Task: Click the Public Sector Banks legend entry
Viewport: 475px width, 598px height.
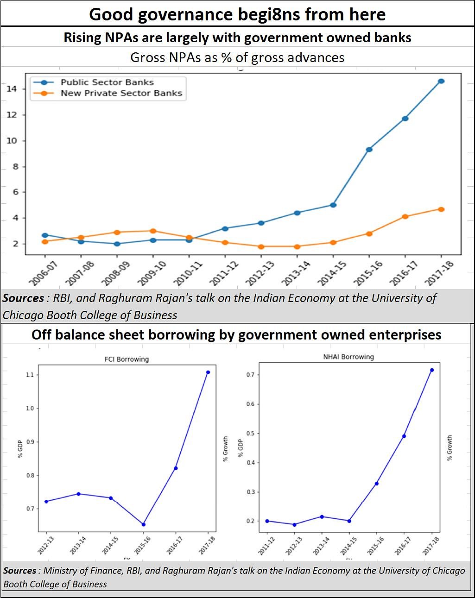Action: (107, 82)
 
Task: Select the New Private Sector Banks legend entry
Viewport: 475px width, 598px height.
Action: (121, 93)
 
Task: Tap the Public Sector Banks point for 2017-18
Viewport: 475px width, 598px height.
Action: (441, 81)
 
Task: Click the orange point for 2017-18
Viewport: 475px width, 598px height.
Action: (441, 209)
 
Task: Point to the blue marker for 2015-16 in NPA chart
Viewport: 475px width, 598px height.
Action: (369, 150)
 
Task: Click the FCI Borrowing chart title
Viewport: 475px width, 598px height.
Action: (127, 359)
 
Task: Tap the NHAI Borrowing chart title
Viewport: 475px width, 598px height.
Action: (348, 357)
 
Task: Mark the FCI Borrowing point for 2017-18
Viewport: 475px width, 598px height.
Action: (208, 372)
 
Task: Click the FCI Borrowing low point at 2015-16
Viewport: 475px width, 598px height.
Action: (143, 524)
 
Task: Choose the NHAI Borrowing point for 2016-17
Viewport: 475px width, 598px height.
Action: (404, 436)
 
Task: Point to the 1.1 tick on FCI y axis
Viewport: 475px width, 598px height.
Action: (30, 374)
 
